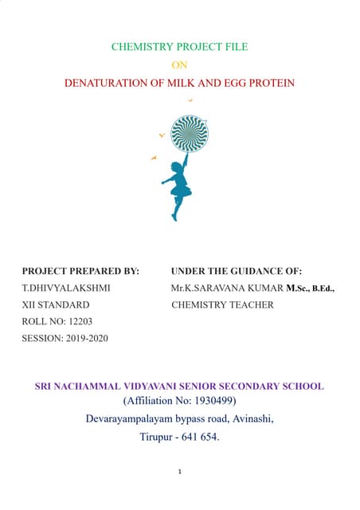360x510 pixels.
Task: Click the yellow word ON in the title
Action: (179, 65)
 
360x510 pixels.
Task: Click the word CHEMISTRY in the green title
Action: (139, 47)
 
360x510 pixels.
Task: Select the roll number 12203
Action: (76, 322)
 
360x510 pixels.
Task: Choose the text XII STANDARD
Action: (56, 305)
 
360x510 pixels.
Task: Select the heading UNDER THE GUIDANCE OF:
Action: (237, 272)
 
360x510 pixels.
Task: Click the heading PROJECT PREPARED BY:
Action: (80, 272)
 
